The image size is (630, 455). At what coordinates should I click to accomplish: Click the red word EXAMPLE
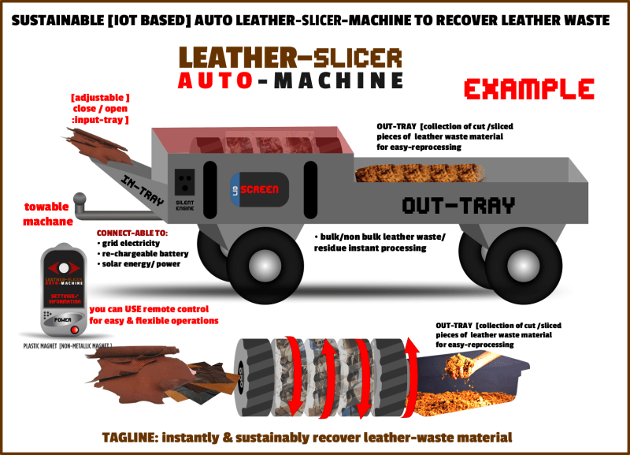coord(528,88)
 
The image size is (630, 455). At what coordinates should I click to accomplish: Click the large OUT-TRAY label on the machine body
coord(458,206)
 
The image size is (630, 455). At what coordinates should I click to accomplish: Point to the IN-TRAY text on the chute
coord(143,190)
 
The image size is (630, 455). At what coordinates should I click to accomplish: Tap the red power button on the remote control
coord(76,328)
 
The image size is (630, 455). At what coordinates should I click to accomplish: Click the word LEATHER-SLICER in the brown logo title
coord(290,57)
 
